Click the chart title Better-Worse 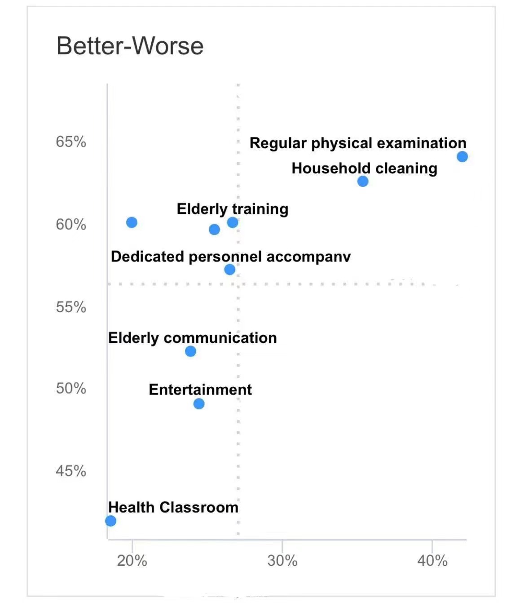pos(130,46)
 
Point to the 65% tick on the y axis pos(71,142)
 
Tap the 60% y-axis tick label pos(71,224)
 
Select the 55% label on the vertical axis pos(71,307)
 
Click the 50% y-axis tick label pos(71,388)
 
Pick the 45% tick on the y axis pos(71,471)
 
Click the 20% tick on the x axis pos(132,561)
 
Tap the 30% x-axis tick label pos(282,561)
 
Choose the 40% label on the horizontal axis pos(432,561)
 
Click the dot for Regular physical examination pos(462,156)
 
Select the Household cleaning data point pos(363,181)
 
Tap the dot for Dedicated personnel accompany pos(229,270)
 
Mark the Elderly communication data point pos(190,351)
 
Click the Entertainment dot pos(199,404)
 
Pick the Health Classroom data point pos(110,521)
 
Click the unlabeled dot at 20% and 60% pos(132,222)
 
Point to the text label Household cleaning pos(364,168)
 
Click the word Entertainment pos(200,390)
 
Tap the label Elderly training pos(233,209)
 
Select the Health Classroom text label pos(173,507)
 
